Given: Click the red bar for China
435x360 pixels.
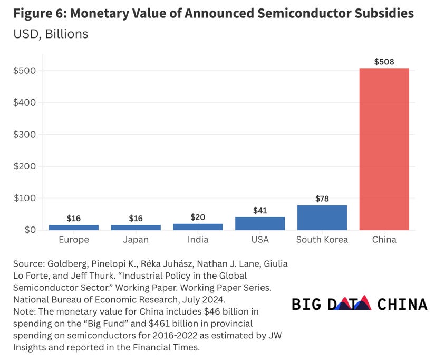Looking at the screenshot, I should coord(384,149).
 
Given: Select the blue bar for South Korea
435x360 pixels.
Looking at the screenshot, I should coord(322,217).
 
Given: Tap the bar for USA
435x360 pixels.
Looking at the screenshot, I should coord(260,223).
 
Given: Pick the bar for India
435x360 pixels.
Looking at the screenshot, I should coord(198,226).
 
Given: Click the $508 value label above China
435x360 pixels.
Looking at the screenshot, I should coord(384,62).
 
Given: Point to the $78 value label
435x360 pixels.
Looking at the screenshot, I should coord(322,198).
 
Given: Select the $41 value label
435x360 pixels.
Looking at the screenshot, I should coord(260,210).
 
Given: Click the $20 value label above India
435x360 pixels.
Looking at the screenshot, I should coord(198,217).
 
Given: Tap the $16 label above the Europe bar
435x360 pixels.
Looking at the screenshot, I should coord(74,218).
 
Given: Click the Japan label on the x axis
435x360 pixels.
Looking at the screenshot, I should coord(136,240).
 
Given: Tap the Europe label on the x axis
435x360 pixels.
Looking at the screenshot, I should coord(74,240).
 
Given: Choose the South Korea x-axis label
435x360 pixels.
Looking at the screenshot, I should coord(322,240).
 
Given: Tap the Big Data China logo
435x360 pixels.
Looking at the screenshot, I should coord(359,304).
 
